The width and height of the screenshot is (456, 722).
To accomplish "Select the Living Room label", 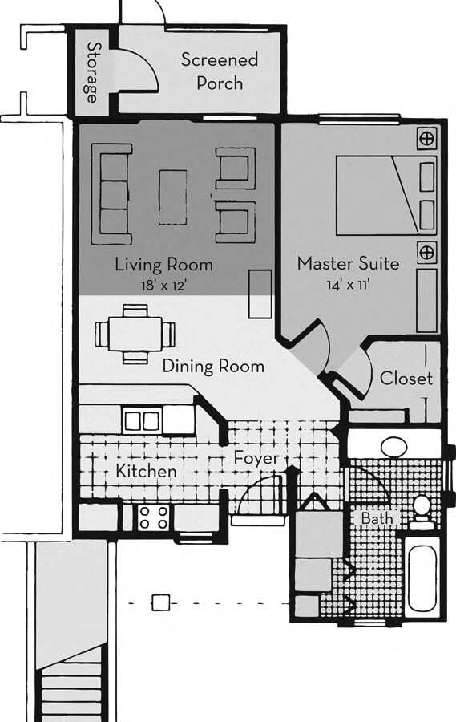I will (x=163, y=264).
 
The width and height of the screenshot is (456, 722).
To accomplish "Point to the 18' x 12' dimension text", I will (x=163, y=283).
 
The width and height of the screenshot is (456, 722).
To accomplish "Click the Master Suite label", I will (x=348, y=263).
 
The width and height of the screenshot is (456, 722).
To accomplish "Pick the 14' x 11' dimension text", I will (x=348, y=282).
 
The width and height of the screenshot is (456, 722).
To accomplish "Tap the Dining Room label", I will (x=212, y=367).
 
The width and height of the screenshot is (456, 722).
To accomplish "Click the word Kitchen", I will (x=146, y=471).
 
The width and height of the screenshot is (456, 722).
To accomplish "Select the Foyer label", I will (x=256, y=458).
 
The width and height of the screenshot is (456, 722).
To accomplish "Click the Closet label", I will (x=406, y=378).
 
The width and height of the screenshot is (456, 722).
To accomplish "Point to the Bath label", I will (x=376, y=519).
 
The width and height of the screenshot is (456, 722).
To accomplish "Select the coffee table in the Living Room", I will (x=172, y=196).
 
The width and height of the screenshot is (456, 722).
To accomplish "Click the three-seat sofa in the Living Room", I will (x=111, y=193).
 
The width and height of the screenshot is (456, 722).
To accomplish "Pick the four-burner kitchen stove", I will (x=152, y=517).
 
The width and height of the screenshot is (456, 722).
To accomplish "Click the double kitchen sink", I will (x=142, y=420).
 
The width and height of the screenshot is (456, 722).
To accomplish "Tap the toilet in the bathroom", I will (x=422, y=509).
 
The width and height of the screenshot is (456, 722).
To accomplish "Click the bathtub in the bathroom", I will (x=422, y=578).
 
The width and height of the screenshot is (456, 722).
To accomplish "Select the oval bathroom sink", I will (x=394, y=446).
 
